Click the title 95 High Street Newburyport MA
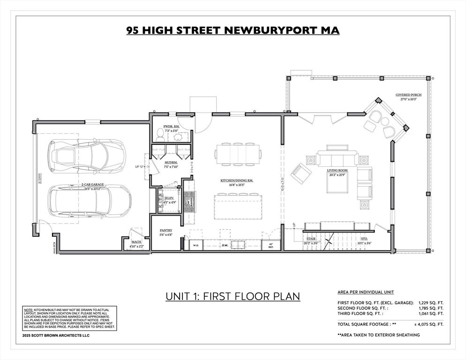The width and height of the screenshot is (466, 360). pos(233,30)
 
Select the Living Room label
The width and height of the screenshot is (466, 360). pos(337,173)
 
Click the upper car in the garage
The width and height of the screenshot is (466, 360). pos(87,155)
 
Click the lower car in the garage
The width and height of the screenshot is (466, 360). pos(89,200)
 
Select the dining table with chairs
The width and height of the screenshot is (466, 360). pos(238,153)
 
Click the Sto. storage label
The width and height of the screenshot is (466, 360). pos(363,241)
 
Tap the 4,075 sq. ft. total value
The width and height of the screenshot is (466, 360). pos(428,324)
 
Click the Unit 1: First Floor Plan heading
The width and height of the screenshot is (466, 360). pos(233,297)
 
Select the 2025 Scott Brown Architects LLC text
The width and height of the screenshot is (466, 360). pos(55,335)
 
